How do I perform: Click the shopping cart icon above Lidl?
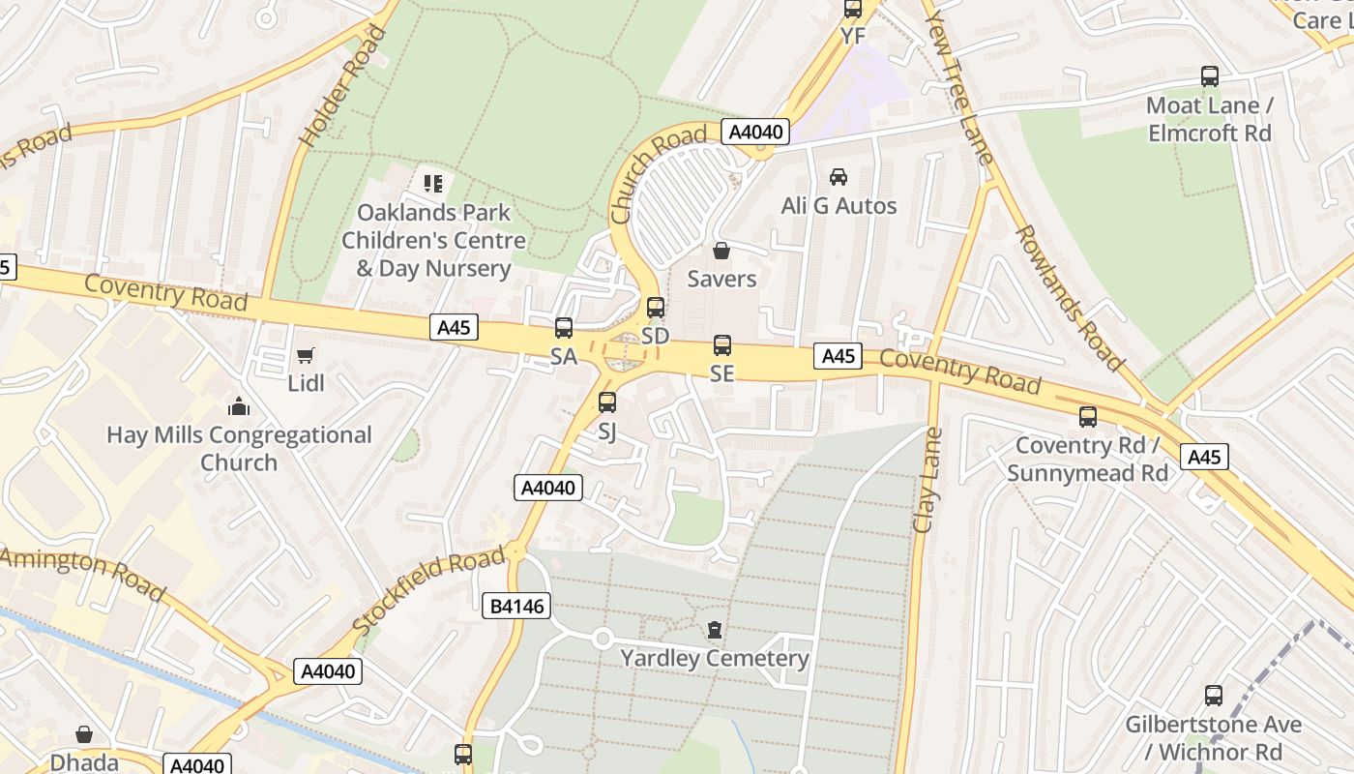(306, 356)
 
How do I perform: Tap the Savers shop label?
(721, 279)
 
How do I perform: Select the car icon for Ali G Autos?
(839, 177)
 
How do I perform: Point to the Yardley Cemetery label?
(715, 659)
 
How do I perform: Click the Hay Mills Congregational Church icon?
(239, 407)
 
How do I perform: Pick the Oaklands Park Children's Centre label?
(433, 240)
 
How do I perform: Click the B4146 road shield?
(516, 607)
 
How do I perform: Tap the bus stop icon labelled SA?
(564, 328)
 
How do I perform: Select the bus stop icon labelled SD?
(656, 308)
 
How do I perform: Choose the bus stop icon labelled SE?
(722, 344)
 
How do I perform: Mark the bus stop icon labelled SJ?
(607, 402)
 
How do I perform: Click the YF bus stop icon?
(853, 10)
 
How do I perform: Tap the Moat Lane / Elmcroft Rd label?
(1209, 119)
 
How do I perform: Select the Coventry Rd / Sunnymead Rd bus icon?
(1088, 417)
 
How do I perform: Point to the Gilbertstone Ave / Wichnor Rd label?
(1213, 737)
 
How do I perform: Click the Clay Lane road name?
(927, 481)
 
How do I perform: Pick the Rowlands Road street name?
(1069, 298)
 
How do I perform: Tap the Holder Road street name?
(343, 87)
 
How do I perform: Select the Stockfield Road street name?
(430, 590)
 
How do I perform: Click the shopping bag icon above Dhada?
(84, 734)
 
